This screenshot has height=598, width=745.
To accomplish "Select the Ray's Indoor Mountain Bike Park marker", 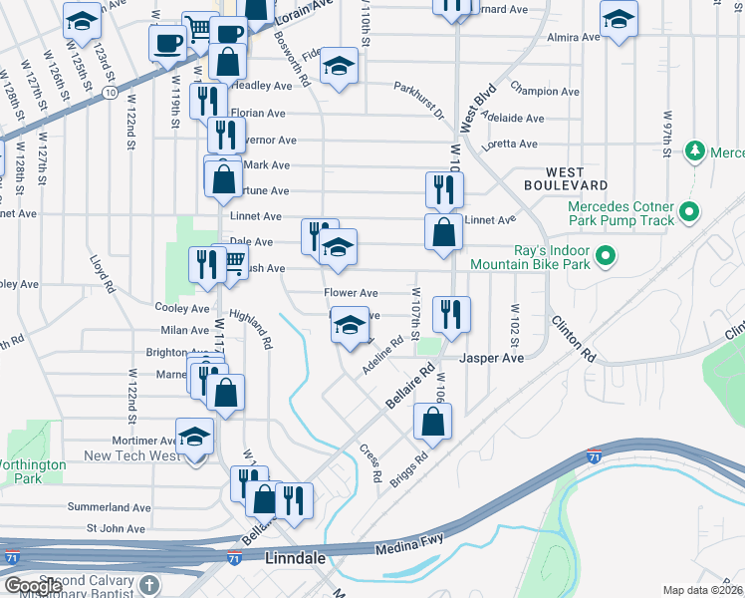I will click(605, 258).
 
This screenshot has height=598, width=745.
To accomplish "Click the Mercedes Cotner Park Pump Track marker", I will click(688, 212).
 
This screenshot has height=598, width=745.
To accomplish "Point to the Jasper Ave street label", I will click(491, 357).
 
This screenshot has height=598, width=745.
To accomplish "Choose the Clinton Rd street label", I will click(573, 340).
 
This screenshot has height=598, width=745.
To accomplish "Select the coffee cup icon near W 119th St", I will click(167, 42).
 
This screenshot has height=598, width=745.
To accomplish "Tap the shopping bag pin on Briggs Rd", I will click(433, 422).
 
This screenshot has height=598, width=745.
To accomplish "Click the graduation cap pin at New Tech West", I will click(194, 437).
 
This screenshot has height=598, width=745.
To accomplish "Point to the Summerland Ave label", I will click(108, 507).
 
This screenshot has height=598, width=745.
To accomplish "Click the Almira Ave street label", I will click(574, 37).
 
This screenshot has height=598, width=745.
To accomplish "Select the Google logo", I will click(34, 587).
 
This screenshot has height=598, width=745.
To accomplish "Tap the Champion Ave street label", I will click(545, 91).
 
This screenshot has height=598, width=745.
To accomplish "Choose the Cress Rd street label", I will click(371, 463).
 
